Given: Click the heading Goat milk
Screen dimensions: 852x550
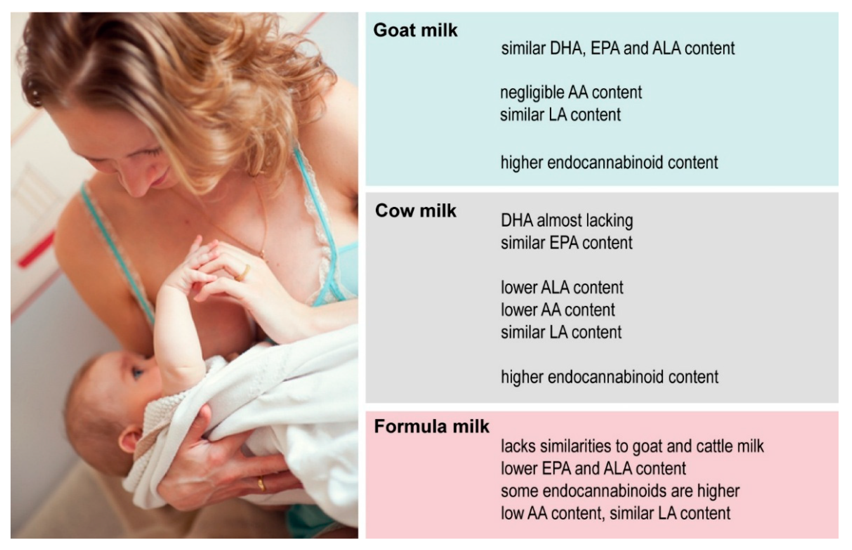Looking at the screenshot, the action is click(415, 30).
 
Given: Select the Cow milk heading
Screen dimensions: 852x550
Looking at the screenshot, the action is click(416, 211).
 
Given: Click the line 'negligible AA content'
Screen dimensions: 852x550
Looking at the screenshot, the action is click(571, 92).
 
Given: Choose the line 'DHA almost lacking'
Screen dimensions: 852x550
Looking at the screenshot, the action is click(567, 221).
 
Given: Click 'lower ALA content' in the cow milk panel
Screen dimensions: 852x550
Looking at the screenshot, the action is click(562, 288).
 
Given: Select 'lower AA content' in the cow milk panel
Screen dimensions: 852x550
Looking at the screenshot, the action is click(558, 310).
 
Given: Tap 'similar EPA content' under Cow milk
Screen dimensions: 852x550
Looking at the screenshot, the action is click(567, 243).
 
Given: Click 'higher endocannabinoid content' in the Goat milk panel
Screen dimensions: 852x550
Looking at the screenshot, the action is click(609, 163).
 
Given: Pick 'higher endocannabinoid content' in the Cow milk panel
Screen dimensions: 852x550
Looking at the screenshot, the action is click(610, 377).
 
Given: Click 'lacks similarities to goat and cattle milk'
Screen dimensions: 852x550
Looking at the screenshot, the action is click(632, 447).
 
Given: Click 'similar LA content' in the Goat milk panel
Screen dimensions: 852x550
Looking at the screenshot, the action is click(561, 115).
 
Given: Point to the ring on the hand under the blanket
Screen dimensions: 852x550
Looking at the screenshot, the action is click(261, 484).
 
